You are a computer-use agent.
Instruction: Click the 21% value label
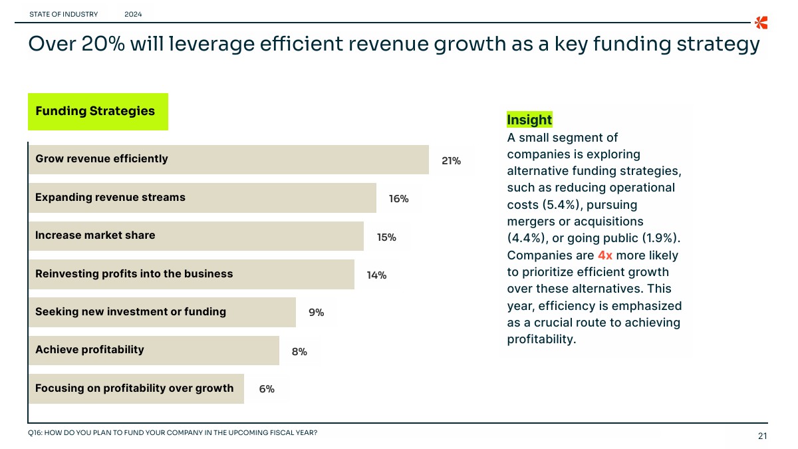point(451,161)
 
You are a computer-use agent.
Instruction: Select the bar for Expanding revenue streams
point(202,198)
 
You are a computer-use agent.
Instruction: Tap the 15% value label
point(386,237)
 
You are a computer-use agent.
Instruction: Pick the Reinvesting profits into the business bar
point(191,274)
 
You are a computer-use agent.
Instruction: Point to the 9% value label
point(317,312)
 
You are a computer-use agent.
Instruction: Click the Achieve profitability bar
point(154,350)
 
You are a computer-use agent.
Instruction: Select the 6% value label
point(267,389)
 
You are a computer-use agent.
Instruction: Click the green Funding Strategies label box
point(98,111)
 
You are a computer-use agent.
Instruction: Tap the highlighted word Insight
point(529,120)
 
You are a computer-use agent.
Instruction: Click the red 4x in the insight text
point(605,255)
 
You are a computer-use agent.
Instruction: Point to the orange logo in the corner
point(761,22)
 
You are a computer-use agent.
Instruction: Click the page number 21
point(762,436)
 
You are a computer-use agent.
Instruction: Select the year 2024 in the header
point(133,14)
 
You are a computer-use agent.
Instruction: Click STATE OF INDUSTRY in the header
point(64,14)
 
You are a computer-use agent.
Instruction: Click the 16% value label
point(399,199)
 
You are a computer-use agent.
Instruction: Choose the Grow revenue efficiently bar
point(228,159)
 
